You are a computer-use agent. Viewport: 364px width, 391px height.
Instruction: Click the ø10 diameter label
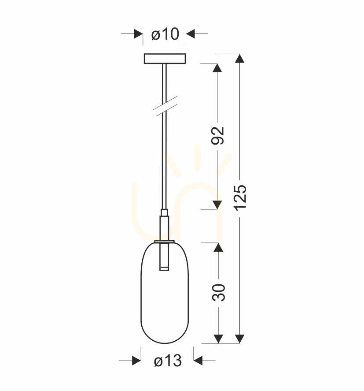(x=165, y=34)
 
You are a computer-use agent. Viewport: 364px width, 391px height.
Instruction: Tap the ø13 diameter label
(x=168, y=361)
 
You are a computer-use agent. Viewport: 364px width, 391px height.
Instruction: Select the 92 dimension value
(x=217, y=135)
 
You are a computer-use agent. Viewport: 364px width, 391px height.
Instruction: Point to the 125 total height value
(x=240, y=198)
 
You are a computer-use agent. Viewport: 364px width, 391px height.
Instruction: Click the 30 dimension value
(x=219, y=292)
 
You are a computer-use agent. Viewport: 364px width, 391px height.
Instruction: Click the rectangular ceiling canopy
(x=165, y=59)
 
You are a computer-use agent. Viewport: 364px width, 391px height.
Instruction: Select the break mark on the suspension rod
(x=165, y=106)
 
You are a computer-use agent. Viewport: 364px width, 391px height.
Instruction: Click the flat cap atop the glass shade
(x=164, y=242)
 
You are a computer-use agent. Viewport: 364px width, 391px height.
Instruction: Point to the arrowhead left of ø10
(x=139, y=34)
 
